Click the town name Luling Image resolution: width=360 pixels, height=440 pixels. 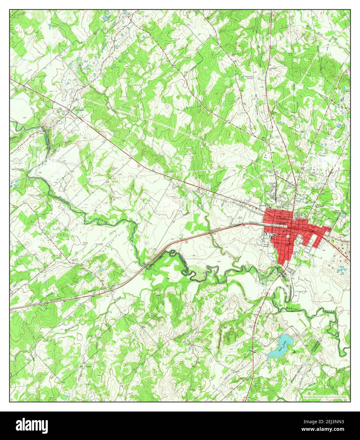[281, 223]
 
